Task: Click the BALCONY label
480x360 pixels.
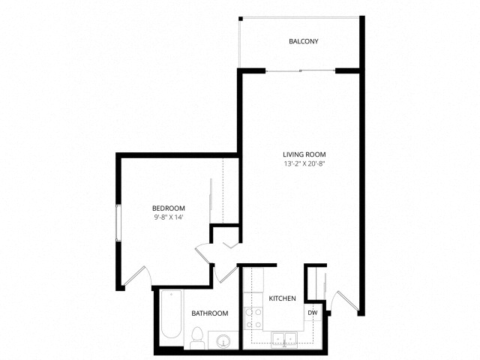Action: point(304,41)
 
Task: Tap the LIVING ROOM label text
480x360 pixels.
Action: point(304,154)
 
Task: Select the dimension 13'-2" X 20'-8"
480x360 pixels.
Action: point(304,163)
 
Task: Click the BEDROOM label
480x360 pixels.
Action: point(168,208)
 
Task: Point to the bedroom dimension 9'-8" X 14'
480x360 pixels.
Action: point(168,217)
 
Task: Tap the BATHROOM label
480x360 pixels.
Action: point(209,313)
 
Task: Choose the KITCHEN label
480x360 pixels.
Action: point(282,298)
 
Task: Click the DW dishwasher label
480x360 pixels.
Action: point(312,313)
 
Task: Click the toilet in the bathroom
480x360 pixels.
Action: point(197,339)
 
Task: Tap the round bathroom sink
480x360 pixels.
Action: point(223,342)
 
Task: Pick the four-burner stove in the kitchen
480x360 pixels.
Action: point(254,319)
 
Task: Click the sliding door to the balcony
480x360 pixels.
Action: point(300,70)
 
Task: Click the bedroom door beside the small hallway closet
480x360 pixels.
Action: point(202,251)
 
